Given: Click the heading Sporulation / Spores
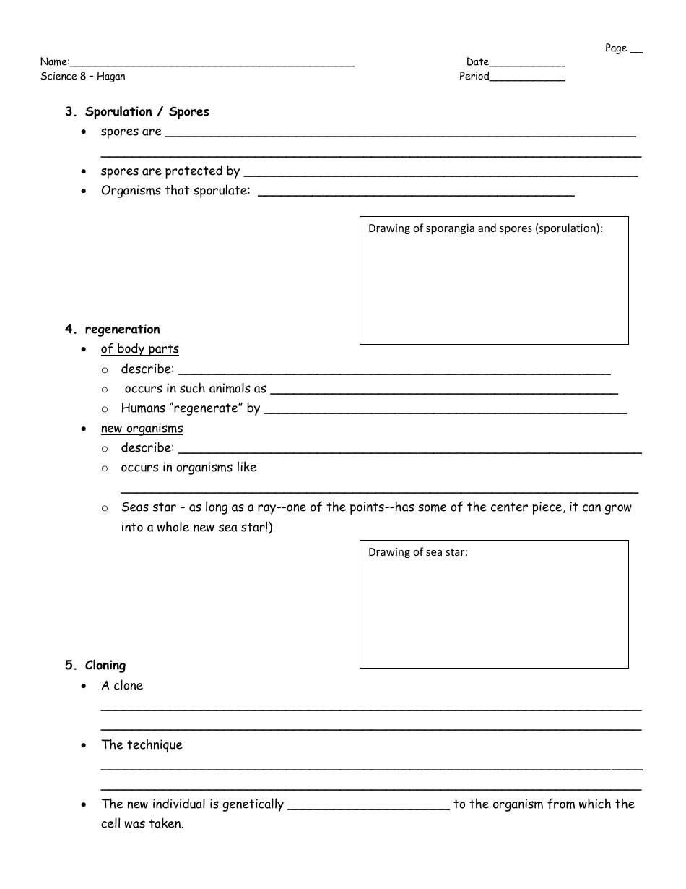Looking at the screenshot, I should [147, 112].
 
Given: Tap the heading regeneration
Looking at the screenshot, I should [122, 330].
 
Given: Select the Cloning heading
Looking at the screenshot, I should [105, 666].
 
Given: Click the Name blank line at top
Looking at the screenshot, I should [212, 63].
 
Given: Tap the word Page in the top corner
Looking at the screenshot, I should [616, 48].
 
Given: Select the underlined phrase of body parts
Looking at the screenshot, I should [140, 349].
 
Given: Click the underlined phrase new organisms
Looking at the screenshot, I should [142, 429].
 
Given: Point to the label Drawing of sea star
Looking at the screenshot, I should [418, 552].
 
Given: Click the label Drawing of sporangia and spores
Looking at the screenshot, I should [485, 228].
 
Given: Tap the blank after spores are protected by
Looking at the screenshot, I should [440, 173].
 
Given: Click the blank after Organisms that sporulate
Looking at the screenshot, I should [416, 193].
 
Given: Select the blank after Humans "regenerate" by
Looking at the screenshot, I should [445, 411].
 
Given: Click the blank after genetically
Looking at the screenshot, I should [368, 807].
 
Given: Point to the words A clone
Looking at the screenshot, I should [122, 686].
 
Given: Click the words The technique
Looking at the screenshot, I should [142, 745].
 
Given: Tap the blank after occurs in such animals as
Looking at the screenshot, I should [444, 391].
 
